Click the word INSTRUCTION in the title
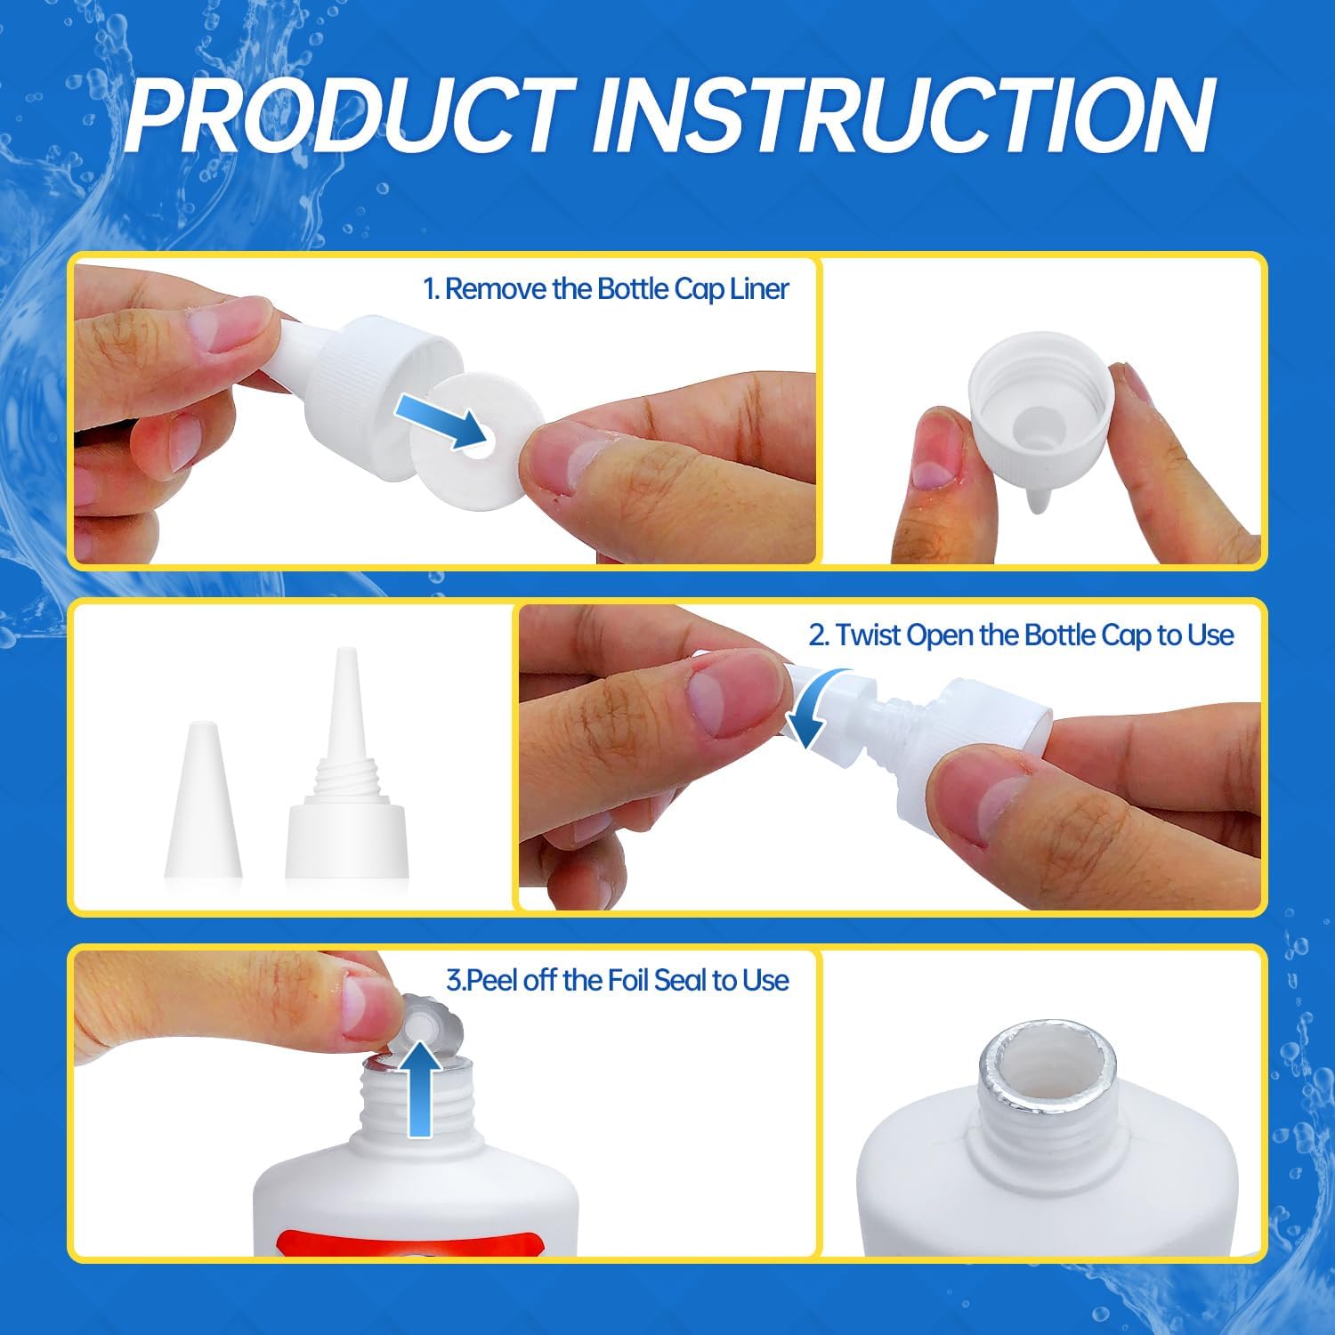pyautogui.click(x=904, y=114)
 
